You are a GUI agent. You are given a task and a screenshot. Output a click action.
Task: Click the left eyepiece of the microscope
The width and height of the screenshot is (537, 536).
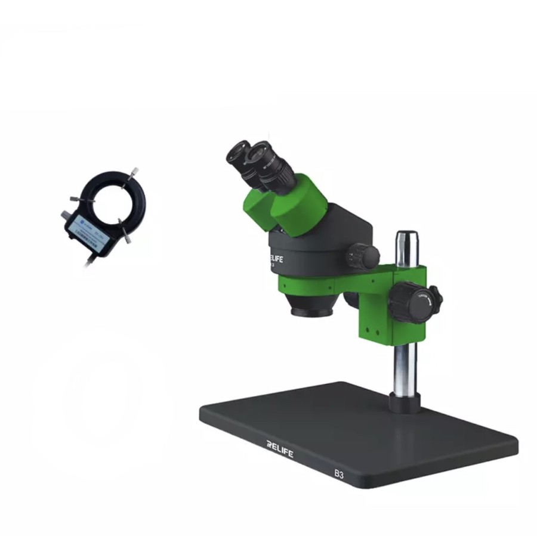point(239,154)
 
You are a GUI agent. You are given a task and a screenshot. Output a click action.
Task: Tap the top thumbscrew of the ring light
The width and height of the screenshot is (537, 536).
point(132,173)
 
